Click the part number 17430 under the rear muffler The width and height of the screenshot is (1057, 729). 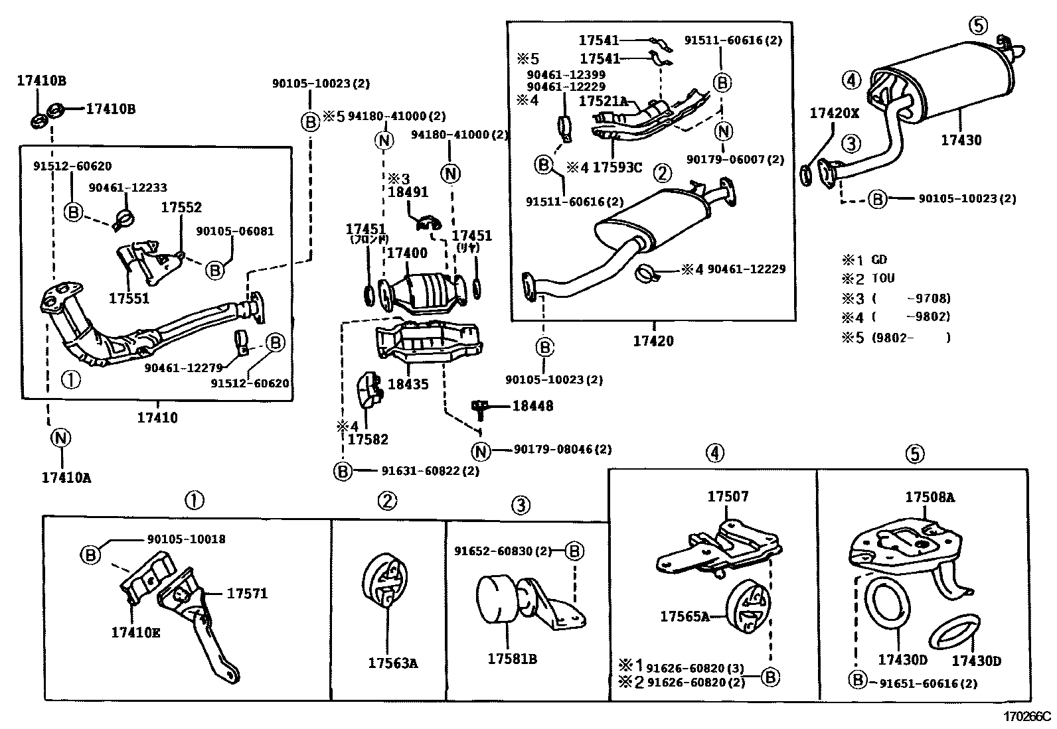click(x=961, y=140)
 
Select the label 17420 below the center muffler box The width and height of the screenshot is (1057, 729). click(x=653, y=341)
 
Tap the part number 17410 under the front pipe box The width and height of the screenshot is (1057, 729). click(x=157, y=418)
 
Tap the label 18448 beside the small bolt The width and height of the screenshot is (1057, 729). click(x=532, y=405)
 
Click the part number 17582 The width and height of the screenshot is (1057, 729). click(x=368, y=439)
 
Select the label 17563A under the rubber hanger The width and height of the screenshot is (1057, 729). click(x=393, y=663)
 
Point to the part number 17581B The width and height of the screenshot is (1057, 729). click(x=512, y=659)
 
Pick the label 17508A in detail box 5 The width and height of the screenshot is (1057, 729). click(x=930, y=497)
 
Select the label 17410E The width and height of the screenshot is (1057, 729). click(x=135, y=633)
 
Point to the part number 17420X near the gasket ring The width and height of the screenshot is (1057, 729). click(x=834, y=113)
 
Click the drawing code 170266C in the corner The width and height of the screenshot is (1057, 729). click(x=1027, y=716)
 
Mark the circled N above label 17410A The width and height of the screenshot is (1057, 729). click(x=60, y=438)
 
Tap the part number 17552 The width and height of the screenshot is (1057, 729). click(x=181, y=207)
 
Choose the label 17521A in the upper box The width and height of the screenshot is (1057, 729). click(x=603, y=101)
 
